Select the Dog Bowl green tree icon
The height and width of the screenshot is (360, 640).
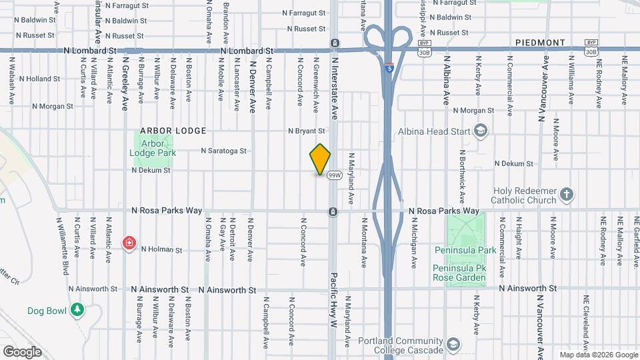click(78, 310)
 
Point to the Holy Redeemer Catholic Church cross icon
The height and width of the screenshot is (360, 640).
click(567, 195)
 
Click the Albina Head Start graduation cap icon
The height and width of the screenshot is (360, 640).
click(479, 131)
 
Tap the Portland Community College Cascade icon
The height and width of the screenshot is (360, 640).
click(453, 345)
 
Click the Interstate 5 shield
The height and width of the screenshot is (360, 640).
click(389, 67)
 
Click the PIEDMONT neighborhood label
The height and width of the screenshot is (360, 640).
click(540, 43)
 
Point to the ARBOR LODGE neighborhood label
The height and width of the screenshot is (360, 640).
click(173, 131)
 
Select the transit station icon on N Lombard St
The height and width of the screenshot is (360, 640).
click(334, 44)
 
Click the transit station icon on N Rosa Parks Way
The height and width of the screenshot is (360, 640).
click(332, 212)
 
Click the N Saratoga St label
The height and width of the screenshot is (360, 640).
click(225, 151)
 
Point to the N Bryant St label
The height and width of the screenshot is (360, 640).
click(306, 131)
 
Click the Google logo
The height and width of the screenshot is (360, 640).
click(22, 352)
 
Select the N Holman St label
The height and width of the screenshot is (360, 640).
click(161, 250)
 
